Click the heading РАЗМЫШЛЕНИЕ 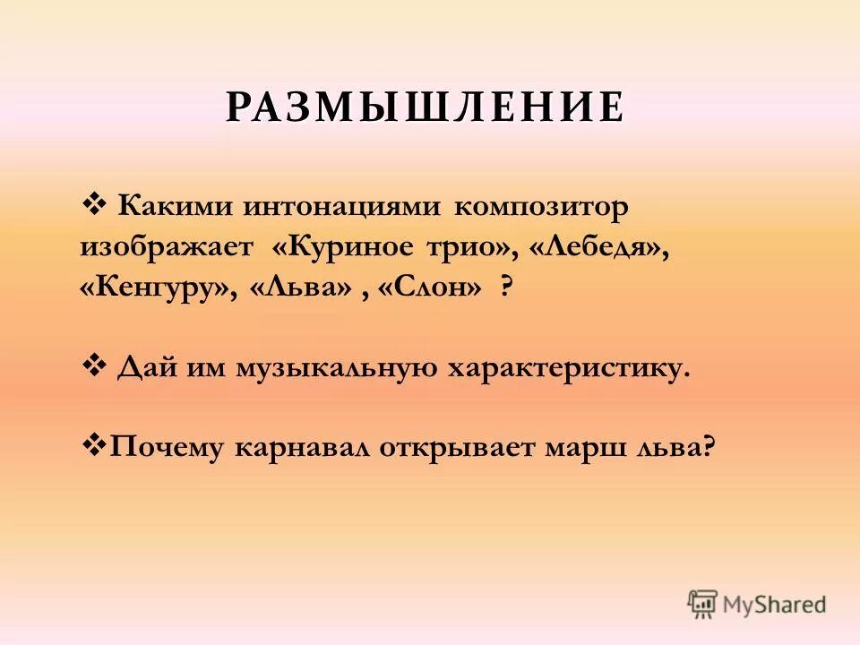click(x=425, y=107)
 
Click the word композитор click(x=542, y=207)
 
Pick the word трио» click(x=474, y=247)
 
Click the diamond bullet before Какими click(x=93, y=205)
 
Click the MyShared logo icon click(x=702, y=603)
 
